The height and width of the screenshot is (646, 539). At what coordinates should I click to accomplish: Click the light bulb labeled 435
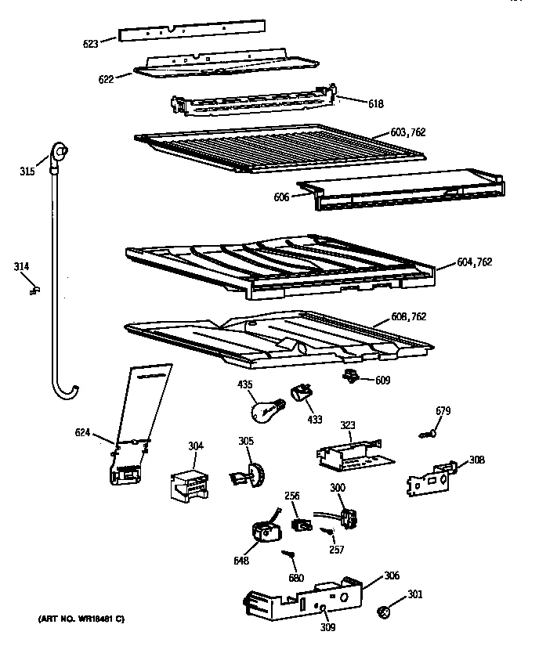(x=263, y=408)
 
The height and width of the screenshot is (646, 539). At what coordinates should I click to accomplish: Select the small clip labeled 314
(x=34, y=291)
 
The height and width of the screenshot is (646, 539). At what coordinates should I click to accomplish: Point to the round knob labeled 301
(x=385, y=611)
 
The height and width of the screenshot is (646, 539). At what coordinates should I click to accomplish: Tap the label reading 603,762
(x=408, y=132)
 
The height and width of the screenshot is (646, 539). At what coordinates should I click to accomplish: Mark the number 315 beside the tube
(x=27, y=171)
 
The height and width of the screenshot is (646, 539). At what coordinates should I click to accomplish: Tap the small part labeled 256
(x=298, y=523)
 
